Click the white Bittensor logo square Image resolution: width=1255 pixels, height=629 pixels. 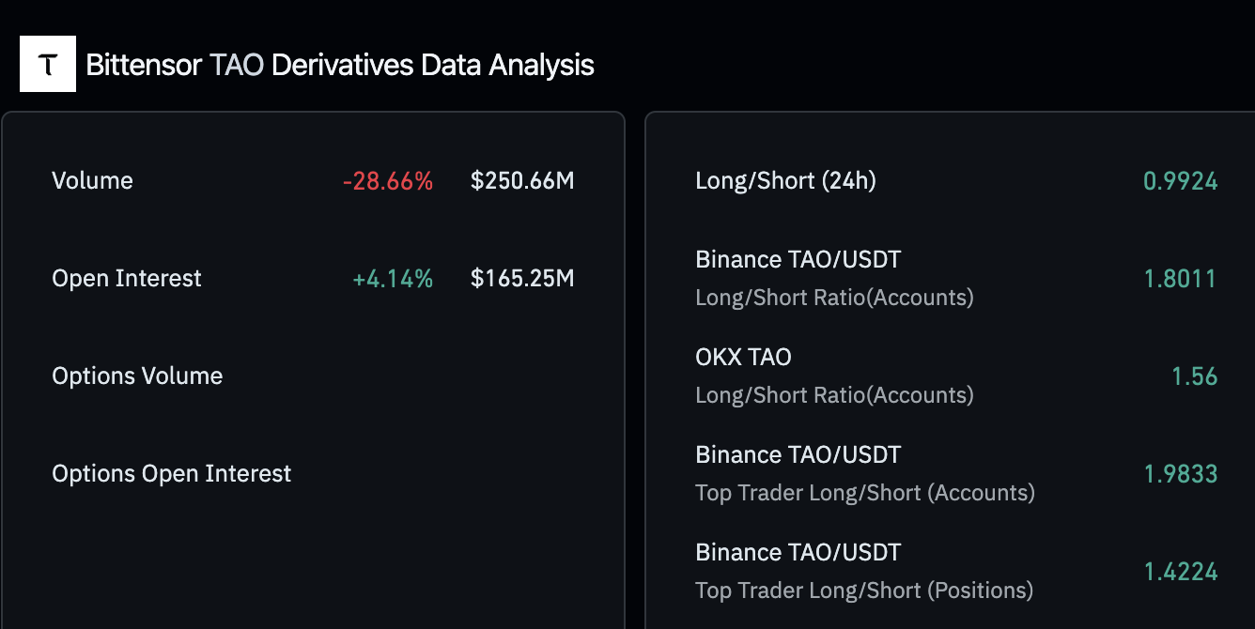click(x=48, y=65)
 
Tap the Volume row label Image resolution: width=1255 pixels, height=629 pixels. click(x=92, y=180)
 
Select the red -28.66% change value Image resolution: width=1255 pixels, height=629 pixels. click(x=388, y=181)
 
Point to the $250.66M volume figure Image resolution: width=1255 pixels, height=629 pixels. click(x=522, y=181)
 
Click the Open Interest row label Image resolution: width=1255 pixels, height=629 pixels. click(x=127, y=279)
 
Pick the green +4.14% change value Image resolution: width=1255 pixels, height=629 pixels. click(x=393, y=279)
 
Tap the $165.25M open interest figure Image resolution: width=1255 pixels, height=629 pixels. click(x=522, y=279)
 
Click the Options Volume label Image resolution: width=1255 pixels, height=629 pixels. click(x=137, y=376)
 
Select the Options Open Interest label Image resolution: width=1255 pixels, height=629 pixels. click(x=172, y=474)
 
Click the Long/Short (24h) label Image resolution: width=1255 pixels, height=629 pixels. click(x=785, y=181)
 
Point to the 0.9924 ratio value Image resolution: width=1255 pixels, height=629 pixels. click(x=1180, y=181)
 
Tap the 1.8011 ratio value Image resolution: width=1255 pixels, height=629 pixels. click(x=1180, y=279)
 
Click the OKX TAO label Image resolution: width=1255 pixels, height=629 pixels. click(x=743, y=358)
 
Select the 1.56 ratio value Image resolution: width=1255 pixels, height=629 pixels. click(x=1194, y=376)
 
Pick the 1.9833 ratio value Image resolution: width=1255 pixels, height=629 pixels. click(x=1180, y=474)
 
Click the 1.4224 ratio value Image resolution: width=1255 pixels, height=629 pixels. click(x=1180, y=572)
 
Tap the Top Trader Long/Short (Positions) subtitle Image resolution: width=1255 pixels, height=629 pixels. click(x=864, y=591)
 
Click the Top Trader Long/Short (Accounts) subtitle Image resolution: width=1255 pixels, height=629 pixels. click(x=865, y=493)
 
